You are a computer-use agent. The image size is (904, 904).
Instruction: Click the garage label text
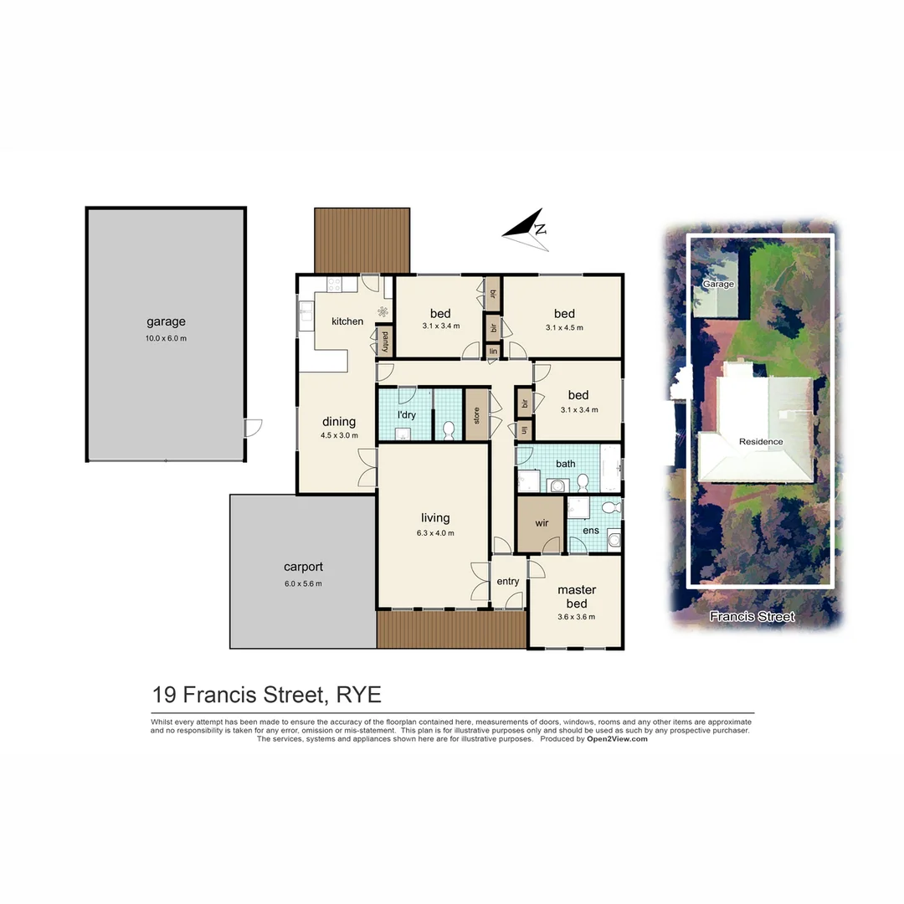tap(166, 321)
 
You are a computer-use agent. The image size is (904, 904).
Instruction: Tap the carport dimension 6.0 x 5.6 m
tap(302, 583)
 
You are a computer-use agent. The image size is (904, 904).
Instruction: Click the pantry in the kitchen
tap(384, 342)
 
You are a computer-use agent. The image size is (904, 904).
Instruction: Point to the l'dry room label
tap(406, 415)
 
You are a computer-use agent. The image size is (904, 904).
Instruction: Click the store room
tap(476, 415)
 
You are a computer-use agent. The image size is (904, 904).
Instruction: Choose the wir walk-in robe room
tap(541, 523)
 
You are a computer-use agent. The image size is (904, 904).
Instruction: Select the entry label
tap(507, 582)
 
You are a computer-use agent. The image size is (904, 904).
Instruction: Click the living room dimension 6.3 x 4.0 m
tap(435, 533)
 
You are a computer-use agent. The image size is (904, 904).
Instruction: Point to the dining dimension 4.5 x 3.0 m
tap(339, 435)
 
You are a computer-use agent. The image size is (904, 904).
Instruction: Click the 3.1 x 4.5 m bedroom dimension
tap(564, 327)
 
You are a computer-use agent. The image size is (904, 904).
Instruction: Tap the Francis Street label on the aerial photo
tap(752, 617)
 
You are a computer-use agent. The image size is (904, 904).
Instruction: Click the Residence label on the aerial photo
tap(760, 441)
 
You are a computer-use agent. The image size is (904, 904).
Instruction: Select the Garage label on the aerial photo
tap(717, 285)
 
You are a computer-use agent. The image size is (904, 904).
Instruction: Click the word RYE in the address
tap(358, 695)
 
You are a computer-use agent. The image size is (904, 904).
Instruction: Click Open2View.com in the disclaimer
tap(617, 739)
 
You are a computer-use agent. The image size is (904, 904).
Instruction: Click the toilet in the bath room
tap(583, 481)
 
